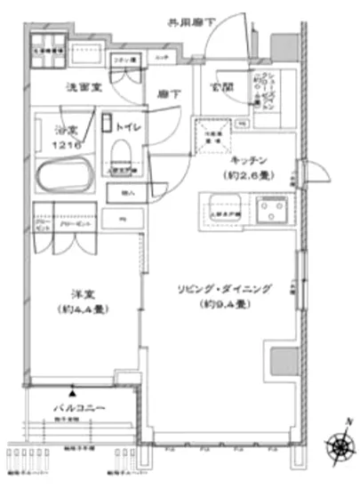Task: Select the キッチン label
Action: (x=249, y=161)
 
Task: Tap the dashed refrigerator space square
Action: (x=212, y=134)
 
